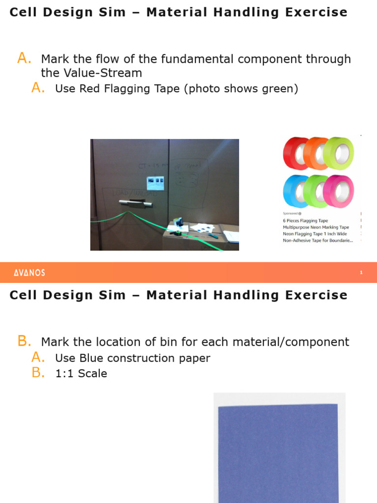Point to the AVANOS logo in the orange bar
click(x=29, y=273)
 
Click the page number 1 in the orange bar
click(x=361, y=273)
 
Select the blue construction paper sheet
click(x=278, y=452)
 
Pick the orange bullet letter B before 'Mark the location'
click(x=24, y=341)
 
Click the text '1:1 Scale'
click(x=81, y=373)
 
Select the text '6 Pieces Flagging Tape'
click(x=305, y=221)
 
